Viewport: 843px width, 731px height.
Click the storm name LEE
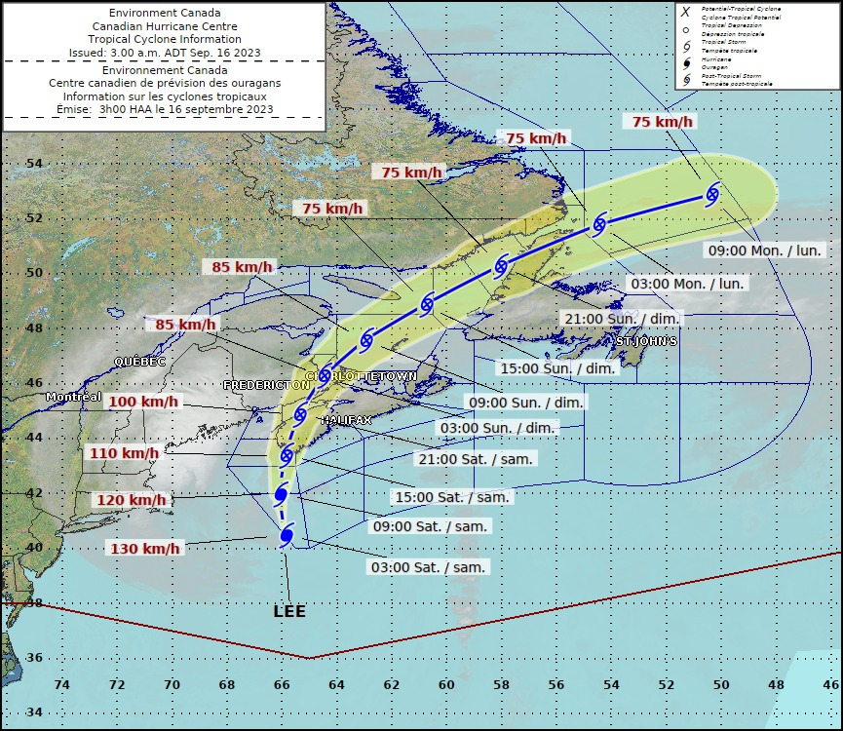tap(289, 611)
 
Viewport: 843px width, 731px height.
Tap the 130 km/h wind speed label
tap(145, 548)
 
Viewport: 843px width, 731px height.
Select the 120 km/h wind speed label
tap(131, 500)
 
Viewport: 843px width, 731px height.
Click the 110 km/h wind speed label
tap(124, 452)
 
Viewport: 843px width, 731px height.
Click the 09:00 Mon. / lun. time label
tap(764, 250)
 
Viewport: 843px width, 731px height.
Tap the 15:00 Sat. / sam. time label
tap(453, 497)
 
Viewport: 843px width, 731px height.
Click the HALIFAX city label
tap(348, 419)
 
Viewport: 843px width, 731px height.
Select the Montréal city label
tap(73, 397)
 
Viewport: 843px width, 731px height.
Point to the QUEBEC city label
tap(139, 361)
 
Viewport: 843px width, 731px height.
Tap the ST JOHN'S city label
tap(646, 341)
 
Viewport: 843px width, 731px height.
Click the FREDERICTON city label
tap(266, 385)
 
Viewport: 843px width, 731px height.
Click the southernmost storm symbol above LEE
tap(287, 535)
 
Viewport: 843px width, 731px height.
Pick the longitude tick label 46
tap(830, 684)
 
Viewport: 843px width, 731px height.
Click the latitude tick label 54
tap(33, 163)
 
